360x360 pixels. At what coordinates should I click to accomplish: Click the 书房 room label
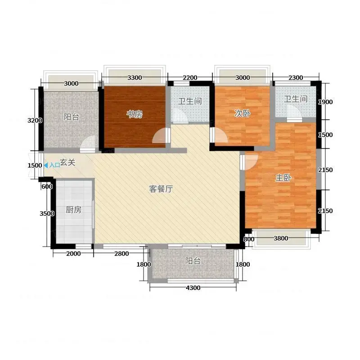(135, 114)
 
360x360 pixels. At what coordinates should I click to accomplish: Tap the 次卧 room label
(242, 113)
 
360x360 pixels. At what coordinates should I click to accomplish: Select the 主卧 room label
(283, 178)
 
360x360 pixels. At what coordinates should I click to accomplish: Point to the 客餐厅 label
(161, 189)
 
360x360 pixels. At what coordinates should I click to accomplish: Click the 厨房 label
(73, 210)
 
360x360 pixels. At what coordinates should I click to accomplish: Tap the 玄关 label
(68, 162)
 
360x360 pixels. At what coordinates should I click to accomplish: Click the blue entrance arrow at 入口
(46, 165)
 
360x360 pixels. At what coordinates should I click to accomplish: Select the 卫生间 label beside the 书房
(190, 101)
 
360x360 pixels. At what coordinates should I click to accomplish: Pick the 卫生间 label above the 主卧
(296, 99)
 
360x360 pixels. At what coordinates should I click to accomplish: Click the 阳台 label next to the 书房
(72, 117)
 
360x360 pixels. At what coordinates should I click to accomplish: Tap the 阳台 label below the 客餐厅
(193, 261)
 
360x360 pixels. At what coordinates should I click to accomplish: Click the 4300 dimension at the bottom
(193, 288)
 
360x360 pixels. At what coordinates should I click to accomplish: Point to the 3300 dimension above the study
(135, 77)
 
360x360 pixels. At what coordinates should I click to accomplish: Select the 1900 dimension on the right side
(325, 102)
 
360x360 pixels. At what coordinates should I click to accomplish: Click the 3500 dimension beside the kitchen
(47, 213)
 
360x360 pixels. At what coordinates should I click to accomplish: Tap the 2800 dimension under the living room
(121, 254)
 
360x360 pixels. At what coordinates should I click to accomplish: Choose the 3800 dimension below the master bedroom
(281, 238)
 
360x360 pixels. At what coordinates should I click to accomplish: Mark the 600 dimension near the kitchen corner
(47, 187)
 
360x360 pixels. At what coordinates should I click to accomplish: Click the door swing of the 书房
(159, 136)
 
